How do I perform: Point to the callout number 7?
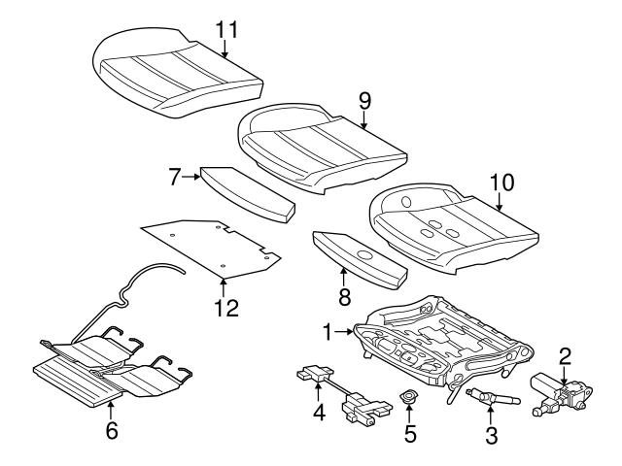pos(175,177)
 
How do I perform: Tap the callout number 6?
pos(112,428)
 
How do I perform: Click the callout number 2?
pos(565,355)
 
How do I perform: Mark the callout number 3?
pos(491,436)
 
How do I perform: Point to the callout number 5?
pos(409,433)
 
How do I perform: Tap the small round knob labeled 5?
pos(409,396)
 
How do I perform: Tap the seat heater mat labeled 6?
pos(107,374)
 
